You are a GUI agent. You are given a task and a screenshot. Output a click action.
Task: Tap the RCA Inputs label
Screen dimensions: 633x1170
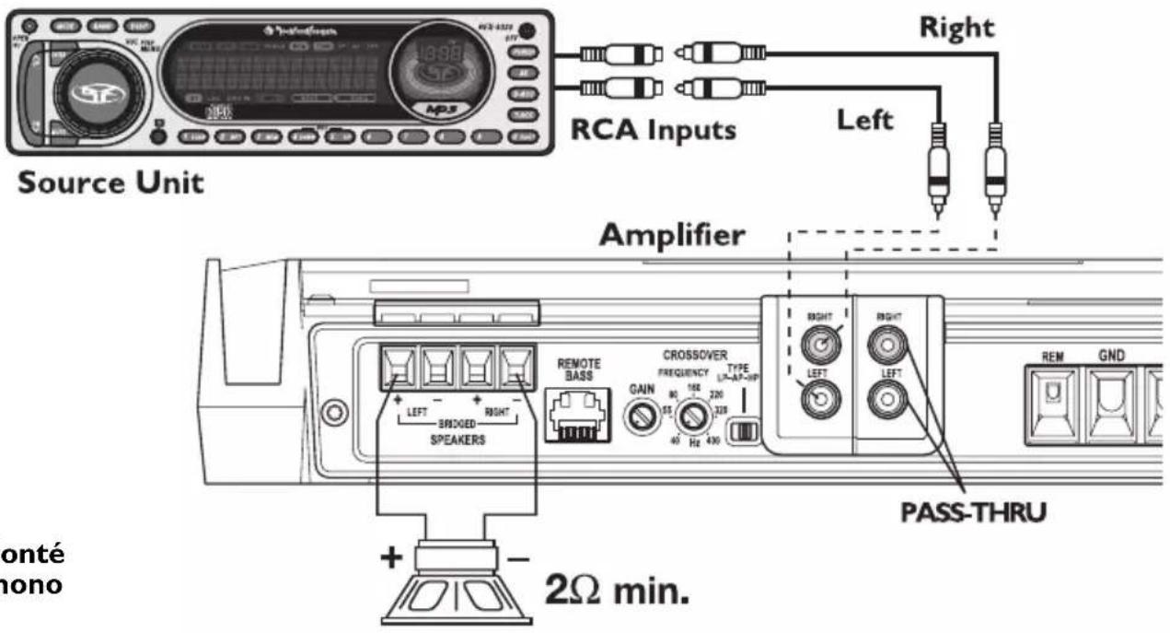(x=654, y=130)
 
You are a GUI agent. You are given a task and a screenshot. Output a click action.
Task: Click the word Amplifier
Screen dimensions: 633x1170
(x=671, y=237)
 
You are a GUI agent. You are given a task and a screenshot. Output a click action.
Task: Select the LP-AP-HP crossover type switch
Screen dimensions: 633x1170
(x=742, y=431)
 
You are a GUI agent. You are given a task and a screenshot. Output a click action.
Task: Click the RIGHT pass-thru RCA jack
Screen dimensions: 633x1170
(x=887, y=346)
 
